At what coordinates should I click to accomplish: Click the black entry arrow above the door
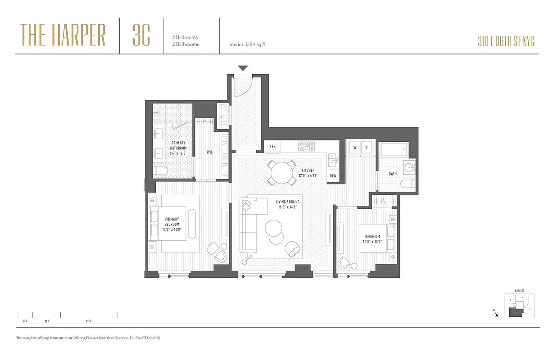point(243,68)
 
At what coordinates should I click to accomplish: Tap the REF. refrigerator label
point(272,147)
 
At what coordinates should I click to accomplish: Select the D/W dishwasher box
point(333,175)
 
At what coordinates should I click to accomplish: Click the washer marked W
point(355,147)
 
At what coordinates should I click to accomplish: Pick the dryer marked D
point(366,147)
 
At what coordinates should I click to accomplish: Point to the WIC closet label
point(210,152)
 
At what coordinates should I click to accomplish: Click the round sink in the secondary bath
point(409,167)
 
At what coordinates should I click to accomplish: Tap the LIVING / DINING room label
point(288,204)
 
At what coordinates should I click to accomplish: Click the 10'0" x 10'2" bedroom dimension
point(372,242)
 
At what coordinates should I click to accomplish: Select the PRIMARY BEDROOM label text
point(172,222)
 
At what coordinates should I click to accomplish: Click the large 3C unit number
point(141,36)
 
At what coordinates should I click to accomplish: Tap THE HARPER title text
point(63,36)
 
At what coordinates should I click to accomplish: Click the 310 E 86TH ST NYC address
point(506,42)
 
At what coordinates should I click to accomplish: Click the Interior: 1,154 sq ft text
point(247,45)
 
